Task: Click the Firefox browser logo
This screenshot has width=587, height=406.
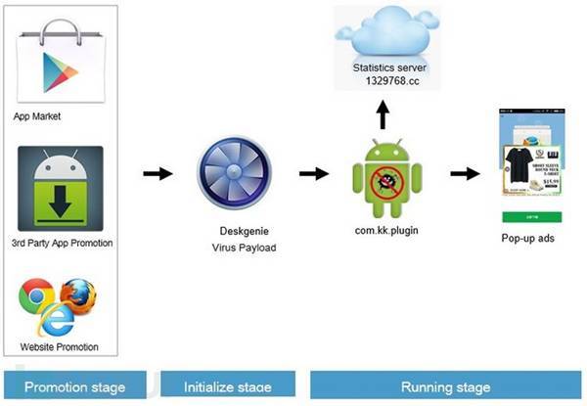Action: coord(75,294)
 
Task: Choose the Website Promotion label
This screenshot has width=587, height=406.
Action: coord(60,348)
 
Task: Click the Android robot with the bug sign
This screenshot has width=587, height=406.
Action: coord(381,176)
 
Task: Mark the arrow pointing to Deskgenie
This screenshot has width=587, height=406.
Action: coord(157,174)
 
